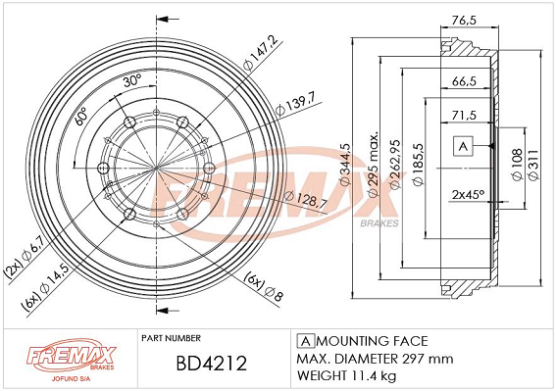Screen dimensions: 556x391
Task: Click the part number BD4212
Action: (212, 364)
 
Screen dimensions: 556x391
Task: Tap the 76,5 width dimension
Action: (464, 21)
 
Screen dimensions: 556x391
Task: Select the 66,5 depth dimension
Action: (464, 81)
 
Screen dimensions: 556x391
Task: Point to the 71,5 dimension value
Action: (464, 116)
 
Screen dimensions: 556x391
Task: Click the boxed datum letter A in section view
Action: (463, 146)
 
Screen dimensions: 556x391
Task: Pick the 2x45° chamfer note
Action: (468, 195)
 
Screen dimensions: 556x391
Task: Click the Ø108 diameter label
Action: (518, 164)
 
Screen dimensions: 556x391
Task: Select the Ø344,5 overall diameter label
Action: (345, 164)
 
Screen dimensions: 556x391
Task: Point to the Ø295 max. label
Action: (373, 164)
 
